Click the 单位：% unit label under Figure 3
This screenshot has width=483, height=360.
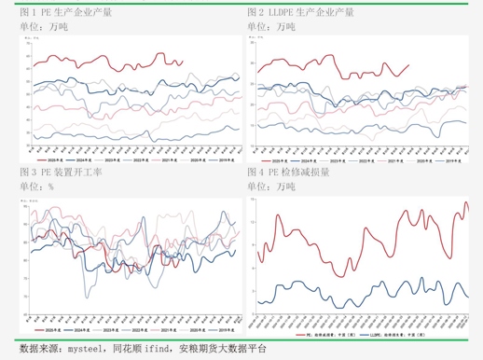37,187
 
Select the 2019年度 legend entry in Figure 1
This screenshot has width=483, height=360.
223,160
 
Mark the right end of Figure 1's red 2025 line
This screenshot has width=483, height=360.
182,62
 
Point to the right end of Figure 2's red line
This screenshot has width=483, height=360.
410,64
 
